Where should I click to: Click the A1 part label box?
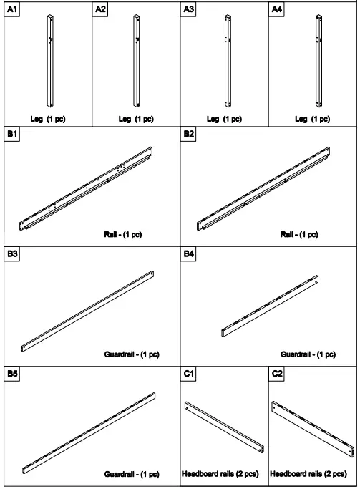[12, 9]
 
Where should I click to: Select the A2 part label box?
[101, 9]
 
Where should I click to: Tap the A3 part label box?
[190, 9]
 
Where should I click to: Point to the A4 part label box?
[278, 9]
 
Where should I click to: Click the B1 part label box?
[12, 134]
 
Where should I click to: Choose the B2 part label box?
[190, 134]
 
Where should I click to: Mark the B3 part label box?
[12, 253]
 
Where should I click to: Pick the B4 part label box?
[190, 253]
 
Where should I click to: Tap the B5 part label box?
[12, 374]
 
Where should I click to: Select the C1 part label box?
[190, 374]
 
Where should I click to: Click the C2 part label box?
[278, 374]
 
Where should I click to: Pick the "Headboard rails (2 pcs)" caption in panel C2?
[313, 474]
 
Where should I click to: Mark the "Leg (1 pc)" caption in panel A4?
[312, 119]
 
